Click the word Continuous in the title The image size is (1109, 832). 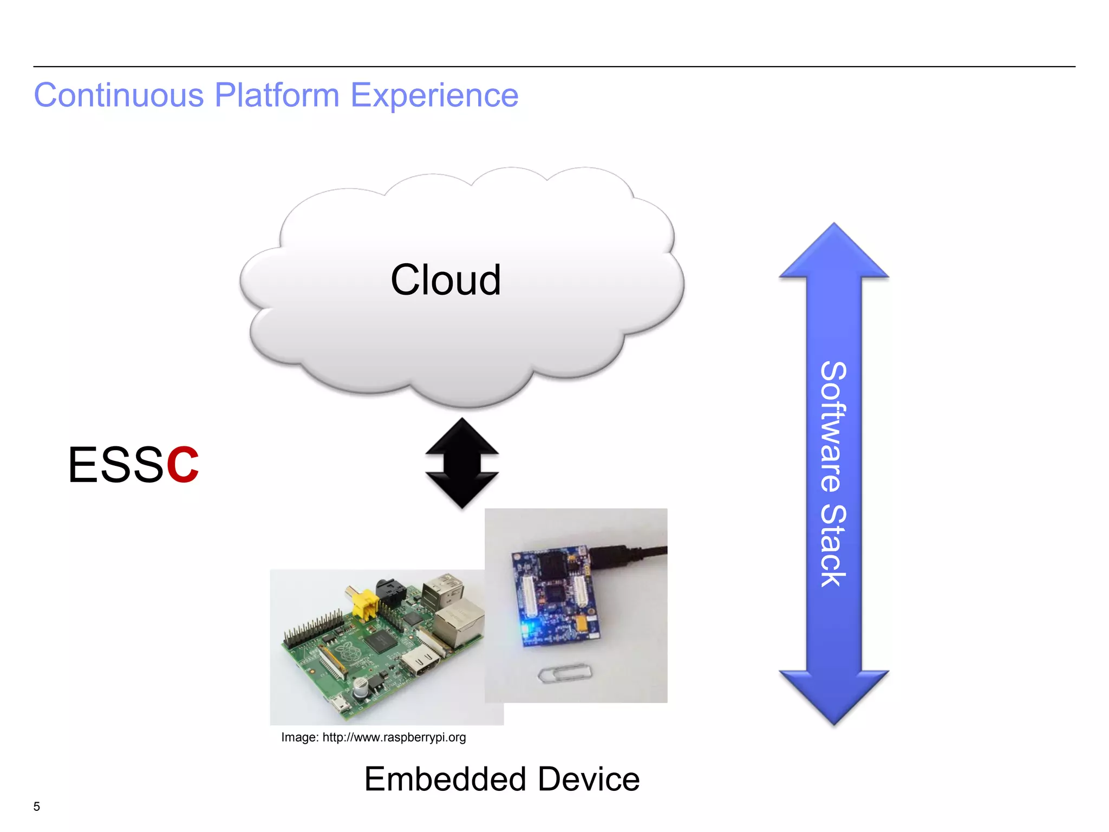[119, 95]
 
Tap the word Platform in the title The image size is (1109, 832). [277, 95]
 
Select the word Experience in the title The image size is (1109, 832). [434, 96]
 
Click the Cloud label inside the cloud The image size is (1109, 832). [445, 280]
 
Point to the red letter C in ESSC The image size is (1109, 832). [182, 465]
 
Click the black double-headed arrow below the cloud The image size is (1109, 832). [461, 463]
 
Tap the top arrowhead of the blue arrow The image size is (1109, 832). [834, 252]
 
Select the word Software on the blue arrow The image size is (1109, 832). [833, 427]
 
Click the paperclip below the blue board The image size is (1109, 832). [565, 673]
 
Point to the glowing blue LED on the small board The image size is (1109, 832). [525, 628]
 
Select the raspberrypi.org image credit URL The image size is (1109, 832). [394, 737]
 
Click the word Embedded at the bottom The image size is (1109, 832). [445, 779]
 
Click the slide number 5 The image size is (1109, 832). [36, 806]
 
